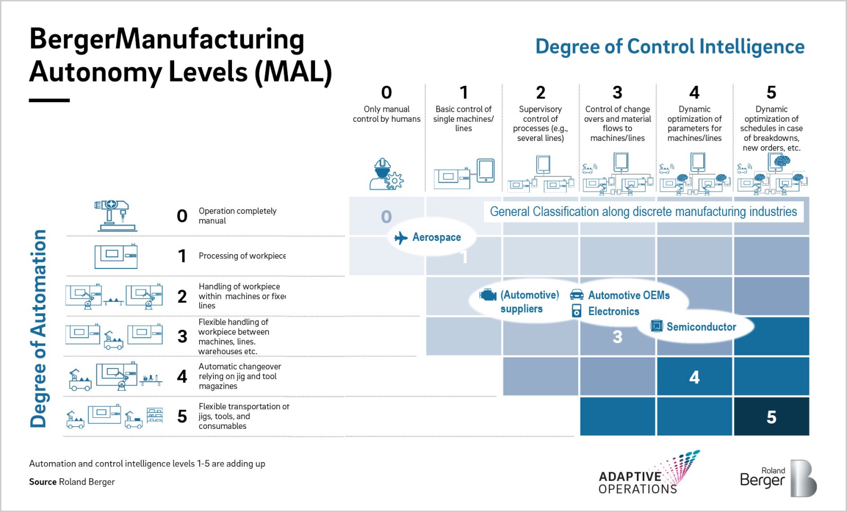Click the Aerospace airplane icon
401,238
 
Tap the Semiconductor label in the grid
701,327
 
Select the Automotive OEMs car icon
576,295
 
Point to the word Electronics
614,311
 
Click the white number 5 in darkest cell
771,417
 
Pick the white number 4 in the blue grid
695,377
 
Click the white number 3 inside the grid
617,337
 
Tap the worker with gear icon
386,175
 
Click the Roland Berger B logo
804,478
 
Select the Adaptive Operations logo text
638,482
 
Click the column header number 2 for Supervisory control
540,93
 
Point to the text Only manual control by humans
386,114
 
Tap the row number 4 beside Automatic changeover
182,376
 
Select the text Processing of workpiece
242,256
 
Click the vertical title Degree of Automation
38,328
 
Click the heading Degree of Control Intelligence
670,47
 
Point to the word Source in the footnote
43,482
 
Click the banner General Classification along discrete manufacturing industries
643,212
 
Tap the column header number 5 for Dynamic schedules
771,93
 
